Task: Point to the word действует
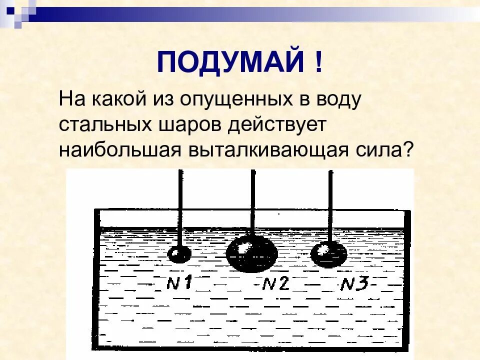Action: coord(277,125)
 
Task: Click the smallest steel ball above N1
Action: coord(179,254)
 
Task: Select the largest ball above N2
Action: coord(252,253)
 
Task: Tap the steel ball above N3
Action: coord(328,254)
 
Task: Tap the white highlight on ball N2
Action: coord(243,247)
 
